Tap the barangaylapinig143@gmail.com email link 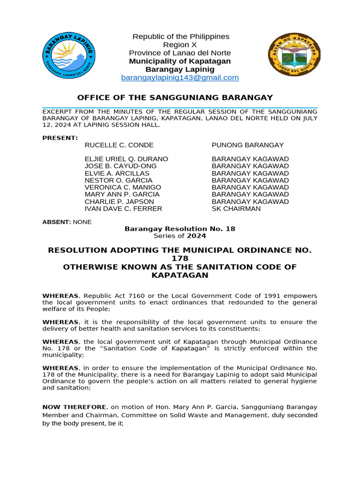coord(180,78)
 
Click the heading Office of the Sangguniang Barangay coord(175,97)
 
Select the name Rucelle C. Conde coord(119,145)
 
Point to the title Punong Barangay coord(247,145)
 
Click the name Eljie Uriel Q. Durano coord(126,159)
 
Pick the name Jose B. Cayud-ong coord(120,166)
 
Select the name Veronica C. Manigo coord(123,187)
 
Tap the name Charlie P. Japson coord(119,202)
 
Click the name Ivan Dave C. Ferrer coord(123,209)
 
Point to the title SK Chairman coord(236,209)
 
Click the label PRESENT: coord(60,138)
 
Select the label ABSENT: coord(56,222)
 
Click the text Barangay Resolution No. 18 coord(180,229)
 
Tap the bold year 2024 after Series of coord(197,236)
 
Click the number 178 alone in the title coord(180,259)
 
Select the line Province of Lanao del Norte coord(180,53)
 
